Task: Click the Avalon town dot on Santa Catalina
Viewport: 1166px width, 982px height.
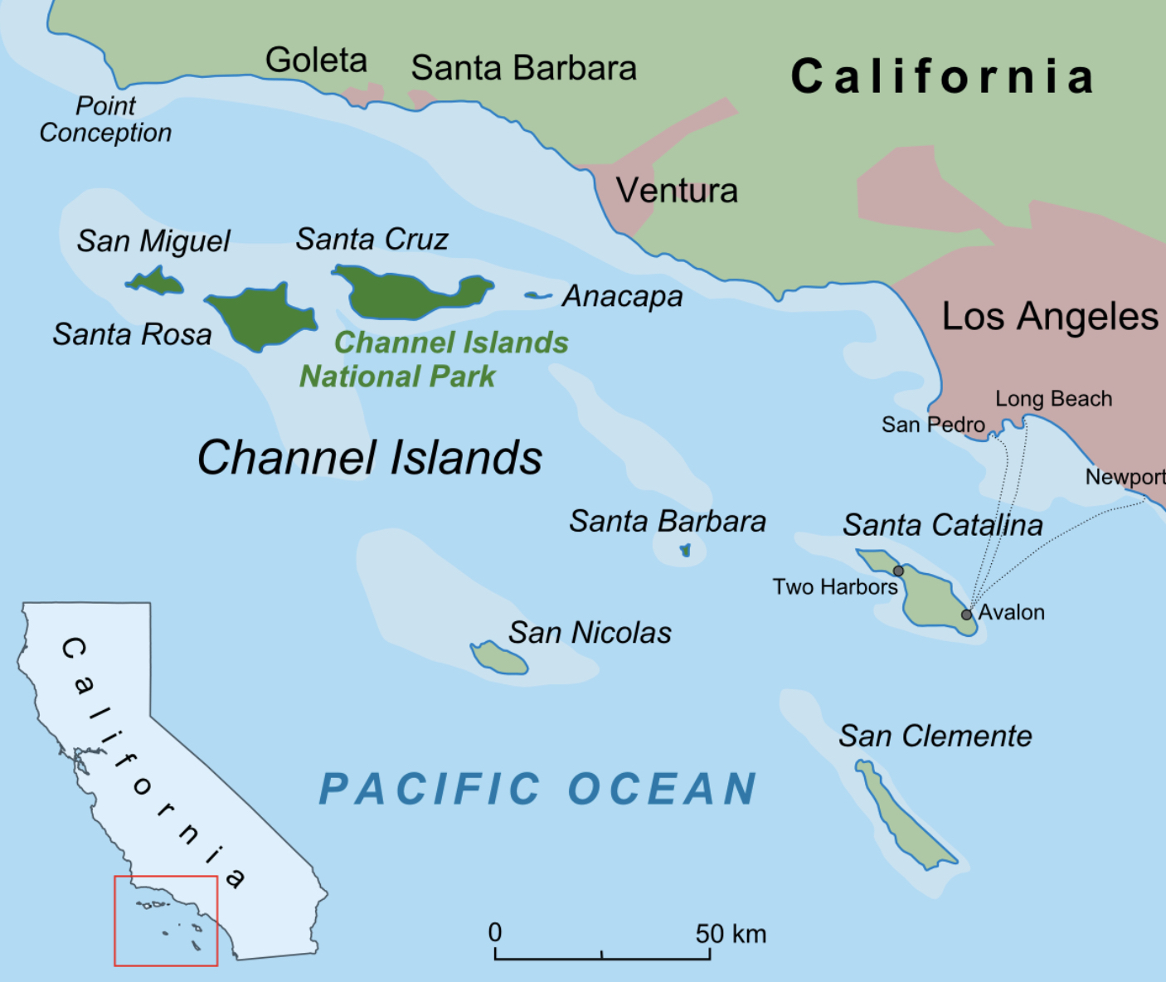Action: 966,615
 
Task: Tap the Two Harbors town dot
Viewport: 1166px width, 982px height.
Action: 898,571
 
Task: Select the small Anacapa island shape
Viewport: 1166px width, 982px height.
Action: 537,295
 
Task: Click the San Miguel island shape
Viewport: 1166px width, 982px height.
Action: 155,283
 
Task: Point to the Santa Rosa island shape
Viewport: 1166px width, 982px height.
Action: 261,317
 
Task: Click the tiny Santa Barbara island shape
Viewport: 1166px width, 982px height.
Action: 685,550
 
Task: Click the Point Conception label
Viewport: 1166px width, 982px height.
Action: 105,119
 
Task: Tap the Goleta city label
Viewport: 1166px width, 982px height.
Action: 316,61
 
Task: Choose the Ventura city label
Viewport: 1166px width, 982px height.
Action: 677,191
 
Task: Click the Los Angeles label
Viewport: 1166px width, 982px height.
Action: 1050,317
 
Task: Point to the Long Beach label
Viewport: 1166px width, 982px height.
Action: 1053,399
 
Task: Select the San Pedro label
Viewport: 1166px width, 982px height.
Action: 933,425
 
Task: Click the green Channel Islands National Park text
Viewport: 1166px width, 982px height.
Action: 435,359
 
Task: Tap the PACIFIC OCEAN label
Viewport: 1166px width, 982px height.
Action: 538,789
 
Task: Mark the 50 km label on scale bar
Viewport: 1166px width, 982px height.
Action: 731,934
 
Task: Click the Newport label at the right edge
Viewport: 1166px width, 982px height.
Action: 1125,477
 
